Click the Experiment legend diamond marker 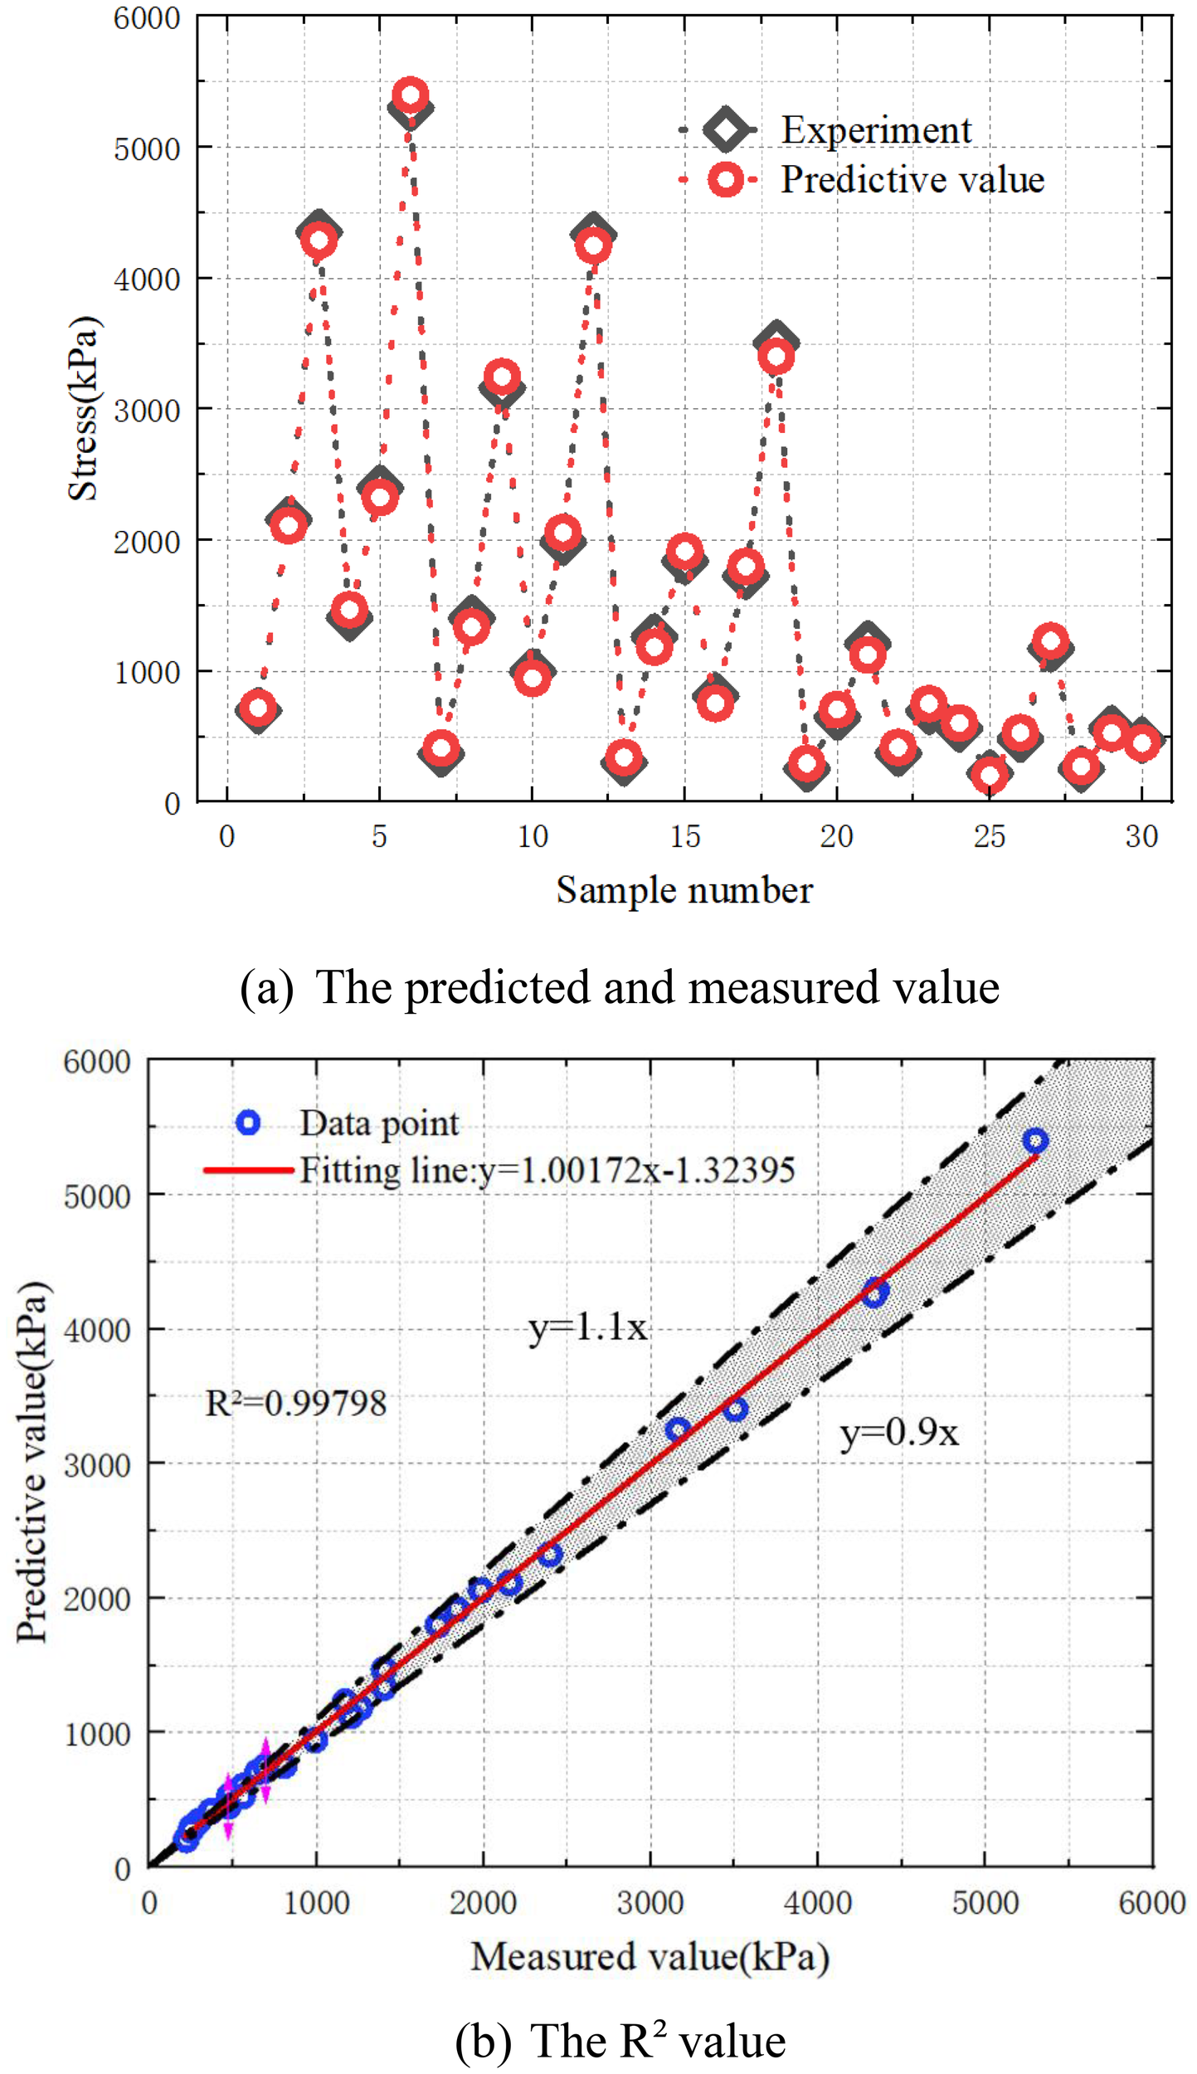[725, 129]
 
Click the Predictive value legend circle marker [725, 179]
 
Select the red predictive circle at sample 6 [410, 95]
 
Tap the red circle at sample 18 [776, 357]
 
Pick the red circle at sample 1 [258, 708]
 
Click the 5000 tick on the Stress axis [147, 149]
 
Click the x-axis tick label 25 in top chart [989, 837]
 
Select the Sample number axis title [684, 891]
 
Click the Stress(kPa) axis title [83, 408]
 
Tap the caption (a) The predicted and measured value [619, 987]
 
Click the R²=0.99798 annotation [295, 1404]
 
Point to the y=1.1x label [587, 1328]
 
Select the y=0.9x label [899, 1433]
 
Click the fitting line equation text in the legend [547, 1170]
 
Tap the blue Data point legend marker [248, 1122]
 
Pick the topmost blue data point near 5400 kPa [1034, 1141]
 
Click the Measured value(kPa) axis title [650, 1955]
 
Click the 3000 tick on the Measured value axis [650, 1901]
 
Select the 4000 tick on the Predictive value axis [97, 1330]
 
